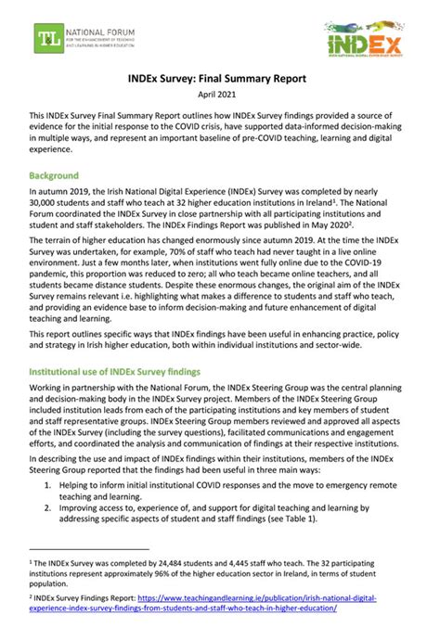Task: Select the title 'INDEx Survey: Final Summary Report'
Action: tap(220, 80)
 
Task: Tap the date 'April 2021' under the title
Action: tap(220, 96)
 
